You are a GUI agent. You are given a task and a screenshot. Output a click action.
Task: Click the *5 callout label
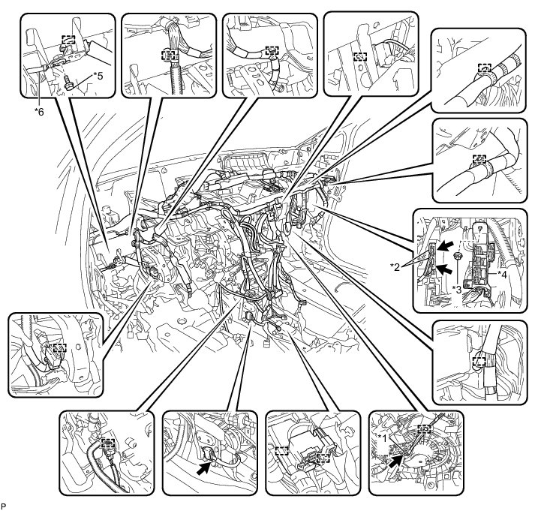coord(98,76)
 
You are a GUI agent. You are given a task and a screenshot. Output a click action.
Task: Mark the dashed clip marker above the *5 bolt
coord(68,42)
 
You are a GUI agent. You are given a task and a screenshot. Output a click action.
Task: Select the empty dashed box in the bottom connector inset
coord(281,452)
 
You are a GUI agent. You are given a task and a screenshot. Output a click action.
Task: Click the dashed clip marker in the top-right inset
coord(477,68)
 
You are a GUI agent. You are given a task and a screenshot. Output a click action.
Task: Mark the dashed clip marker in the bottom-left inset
coord(108,444)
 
